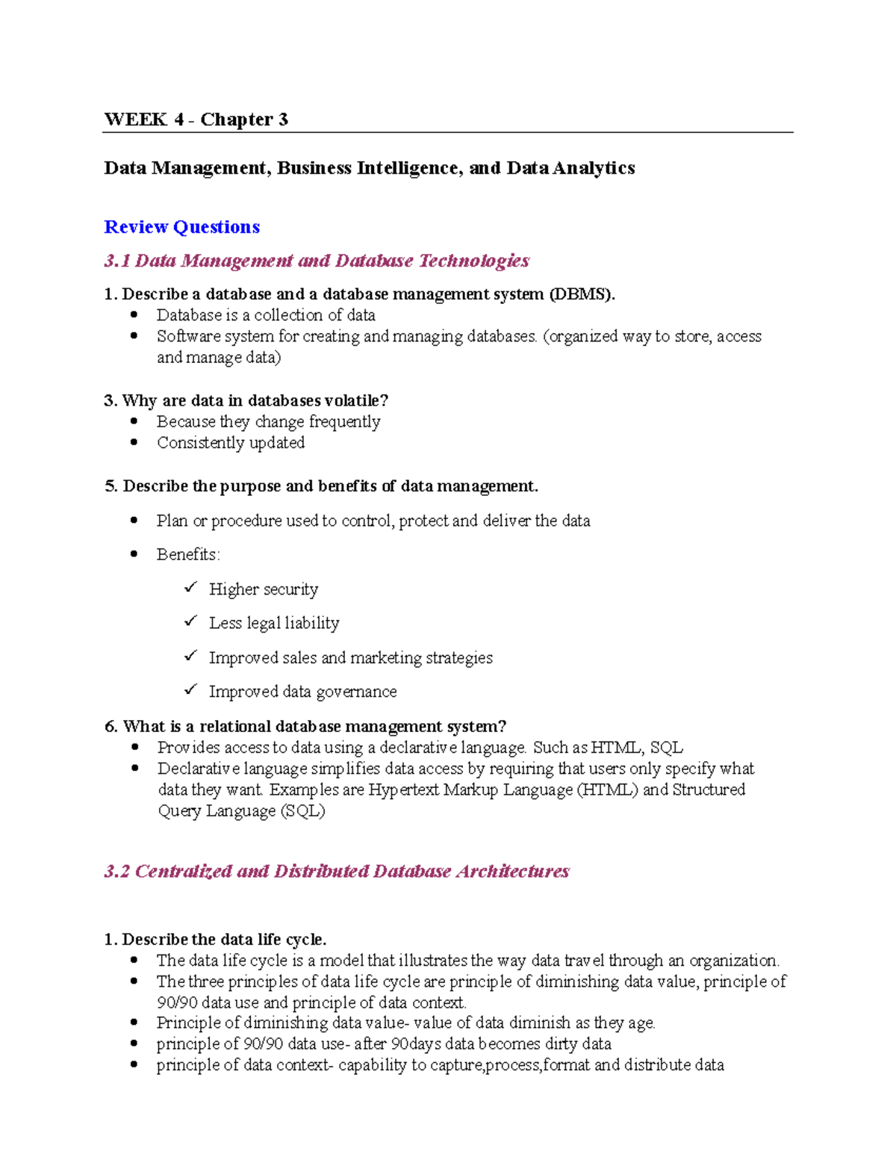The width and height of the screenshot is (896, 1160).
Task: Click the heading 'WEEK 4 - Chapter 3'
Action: tap(196, 120)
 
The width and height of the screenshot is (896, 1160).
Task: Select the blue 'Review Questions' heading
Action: tap(181, 227)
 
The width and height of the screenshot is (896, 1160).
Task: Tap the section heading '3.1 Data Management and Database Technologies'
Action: tap(317, 261)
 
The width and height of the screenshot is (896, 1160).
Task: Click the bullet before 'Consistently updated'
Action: tap(134, 442)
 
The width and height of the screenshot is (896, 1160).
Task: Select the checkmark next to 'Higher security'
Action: tap(190, 588)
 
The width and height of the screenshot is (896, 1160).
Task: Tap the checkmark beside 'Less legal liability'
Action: tap(190, 621)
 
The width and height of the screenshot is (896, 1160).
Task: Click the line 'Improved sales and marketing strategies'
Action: tap(350, 658)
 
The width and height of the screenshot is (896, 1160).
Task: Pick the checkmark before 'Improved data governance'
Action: tap(190, 690)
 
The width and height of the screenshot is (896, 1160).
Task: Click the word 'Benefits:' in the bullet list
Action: tap(188, 555)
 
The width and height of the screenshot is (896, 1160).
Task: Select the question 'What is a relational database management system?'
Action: tap(314, 727)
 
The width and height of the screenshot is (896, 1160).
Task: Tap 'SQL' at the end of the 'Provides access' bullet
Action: tap(666, 748)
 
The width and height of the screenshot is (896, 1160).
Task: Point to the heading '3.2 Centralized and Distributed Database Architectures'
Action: tap(337, 872)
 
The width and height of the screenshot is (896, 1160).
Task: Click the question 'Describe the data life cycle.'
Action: tap(224, 940)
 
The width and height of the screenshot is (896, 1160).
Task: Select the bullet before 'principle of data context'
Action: tap(134, 1064)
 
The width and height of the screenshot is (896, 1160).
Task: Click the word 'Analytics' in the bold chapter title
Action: tap(594, 168)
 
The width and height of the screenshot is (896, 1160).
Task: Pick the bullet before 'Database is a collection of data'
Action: tap(134, 314)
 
